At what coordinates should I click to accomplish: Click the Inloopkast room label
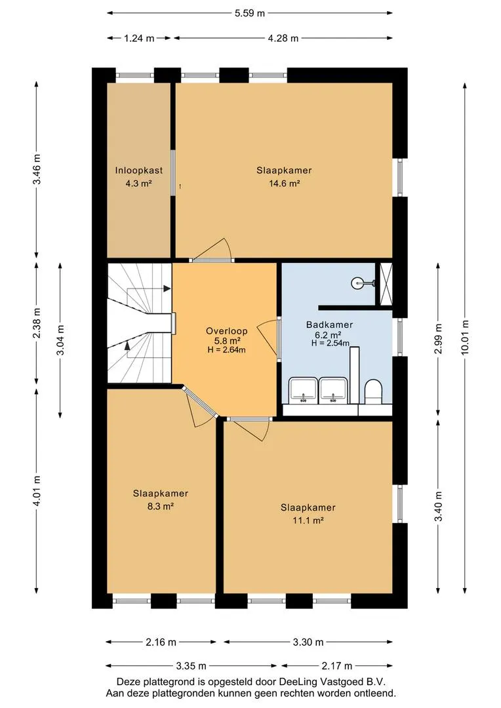point(138,170)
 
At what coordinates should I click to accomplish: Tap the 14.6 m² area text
point(284,184)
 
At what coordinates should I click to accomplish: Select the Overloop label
point(226,331)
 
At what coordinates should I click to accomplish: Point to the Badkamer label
point(329,324)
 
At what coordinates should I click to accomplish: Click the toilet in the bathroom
point(374,391)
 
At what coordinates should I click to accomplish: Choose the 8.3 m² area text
point(161,506)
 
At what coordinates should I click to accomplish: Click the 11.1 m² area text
point(308,520)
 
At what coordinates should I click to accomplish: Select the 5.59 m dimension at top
point(250,13)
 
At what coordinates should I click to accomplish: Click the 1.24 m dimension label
point(139,39)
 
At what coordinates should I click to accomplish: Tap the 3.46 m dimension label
point(37,169)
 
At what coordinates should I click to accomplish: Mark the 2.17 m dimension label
point(336,665)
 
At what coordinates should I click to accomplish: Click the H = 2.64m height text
point(226,349)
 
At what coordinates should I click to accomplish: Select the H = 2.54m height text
point(331,343)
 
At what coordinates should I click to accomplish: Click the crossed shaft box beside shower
point(386,284)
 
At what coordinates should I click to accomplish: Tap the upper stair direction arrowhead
point(167,288)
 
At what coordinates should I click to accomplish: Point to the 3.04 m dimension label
point(60,340)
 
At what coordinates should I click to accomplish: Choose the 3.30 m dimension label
point(308,642)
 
